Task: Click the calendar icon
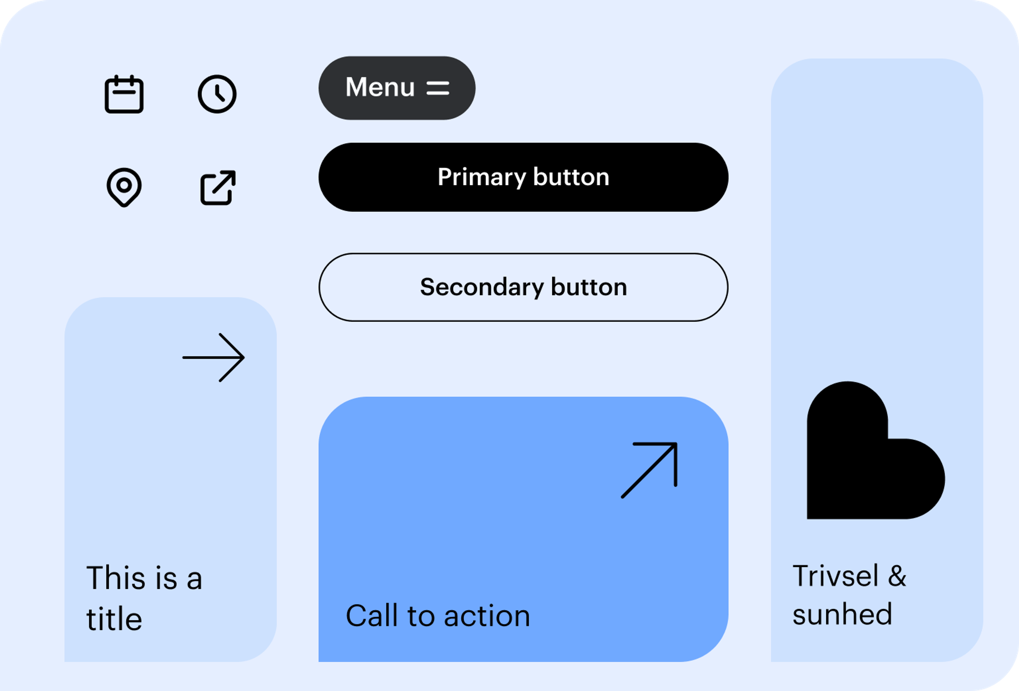(124, 94)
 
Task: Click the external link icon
(218, 188)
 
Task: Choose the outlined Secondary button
(524, 287)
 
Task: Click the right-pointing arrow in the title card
(214, 358)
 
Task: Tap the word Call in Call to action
(372, 616)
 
